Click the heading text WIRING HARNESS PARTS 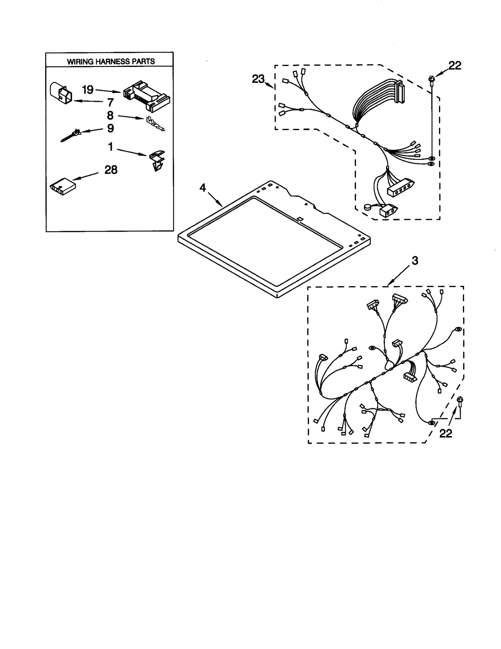[111, 61]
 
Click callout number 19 [88, 90]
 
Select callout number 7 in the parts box [110, 102]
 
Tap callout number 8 [110, 115]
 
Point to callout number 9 [111, 128]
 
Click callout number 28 [111, 170]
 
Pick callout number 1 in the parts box [111, 146]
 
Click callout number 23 [258, 79]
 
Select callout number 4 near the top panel [203, 188]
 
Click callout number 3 [415, 260]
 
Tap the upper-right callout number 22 [455, 65]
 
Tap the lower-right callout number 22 [446, 433]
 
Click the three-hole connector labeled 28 [62, 187]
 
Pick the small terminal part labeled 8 [155, 124]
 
